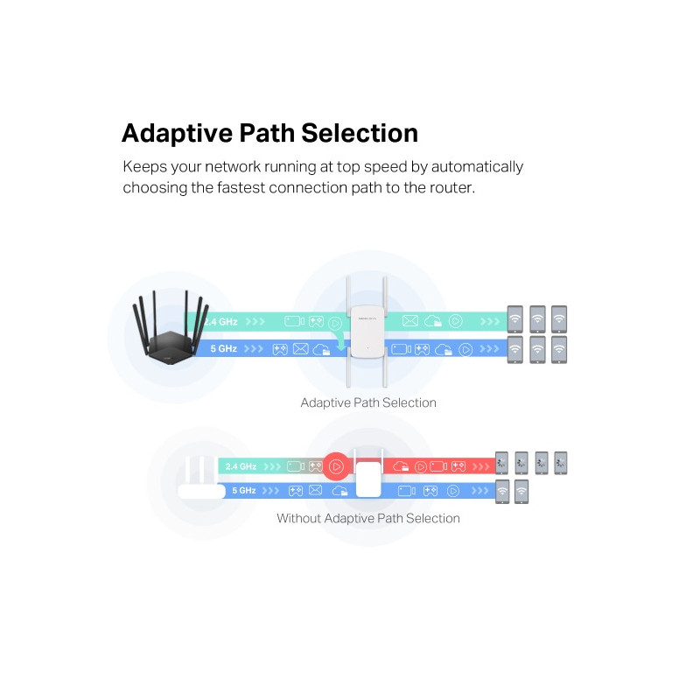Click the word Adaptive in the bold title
click(x=174, y=133)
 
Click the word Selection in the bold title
click(x=359, y=133)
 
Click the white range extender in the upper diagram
click(x=367, y=332)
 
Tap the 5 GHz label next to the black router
click(x=224, y=349)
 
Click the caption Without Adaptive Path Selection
click(x=368, y=518)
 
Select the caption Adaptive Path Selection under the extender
click(x=368, y=402)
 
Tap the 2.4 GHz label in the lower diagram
click(x=241, y=466)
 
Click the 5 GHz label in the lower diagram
click(x=244, y=491)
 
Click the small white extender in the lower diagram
click(x=368, y=478)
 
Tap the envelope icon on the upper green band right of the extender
click(x=409, y=321)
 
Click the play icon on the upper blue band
click(x=465, y=349)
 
